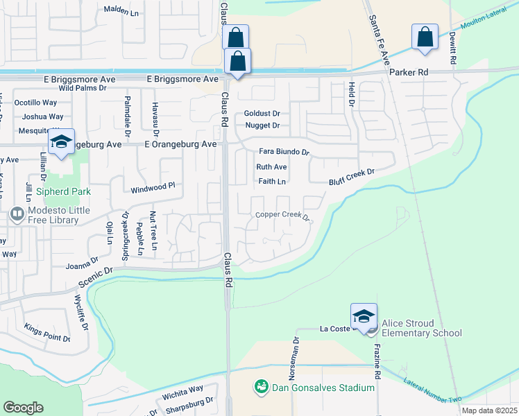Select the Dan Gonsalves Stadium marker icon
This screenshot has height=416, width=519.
261,385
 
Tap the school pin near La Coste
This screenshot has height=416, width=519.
364,317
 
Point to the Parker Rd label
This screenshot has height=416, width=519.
409,72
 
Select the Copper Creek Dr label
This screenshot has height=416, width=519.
282,215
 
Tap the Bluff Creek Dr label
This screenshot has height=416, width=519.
352,177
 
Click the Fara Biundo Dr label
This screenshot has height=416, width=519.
283,152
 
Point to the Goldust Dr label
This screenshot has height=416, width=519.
262,113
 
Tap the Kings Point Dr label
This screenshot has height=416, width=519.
47,331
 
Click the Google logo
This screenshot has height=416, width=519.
23,408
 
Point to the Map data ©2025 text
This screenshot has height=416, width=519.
489,410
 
